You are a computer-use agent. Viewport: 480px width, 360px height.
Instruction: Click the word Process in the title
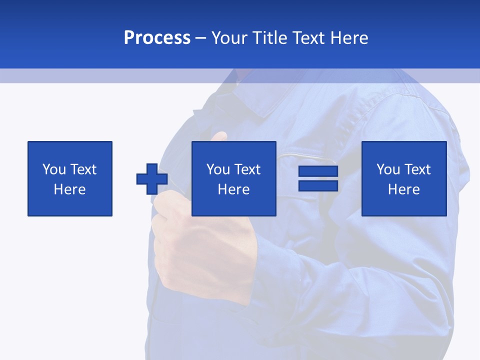point(157,38)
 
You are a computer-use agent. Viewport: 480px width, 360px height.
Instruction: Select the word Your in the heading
point(229,38)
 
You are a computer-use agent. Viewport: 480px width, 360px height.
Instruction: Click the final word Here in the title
point(349,38)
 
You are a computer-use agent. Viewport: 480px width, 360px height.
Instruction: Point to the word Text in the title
point(309,38)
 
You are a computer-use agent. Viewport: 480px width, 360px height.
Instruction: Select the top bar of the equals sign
point(318,171)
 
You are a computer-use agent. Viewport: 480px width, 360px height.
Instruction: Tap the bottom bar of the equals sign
point(318,185)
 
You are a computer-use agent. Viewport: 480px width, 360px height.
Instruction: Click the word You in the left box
point(54,169)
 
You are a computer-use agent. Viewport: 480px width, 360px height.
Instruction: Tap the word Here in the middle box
point(234,189)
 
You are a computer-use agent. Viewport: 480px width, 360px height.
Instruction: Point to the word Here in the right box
point(404,189)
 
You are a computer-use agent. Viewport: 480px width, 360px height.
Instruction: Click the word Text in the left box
point(83,169)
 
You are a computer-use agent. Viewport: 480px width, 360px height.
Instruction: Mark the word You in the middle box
point(218,169)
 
